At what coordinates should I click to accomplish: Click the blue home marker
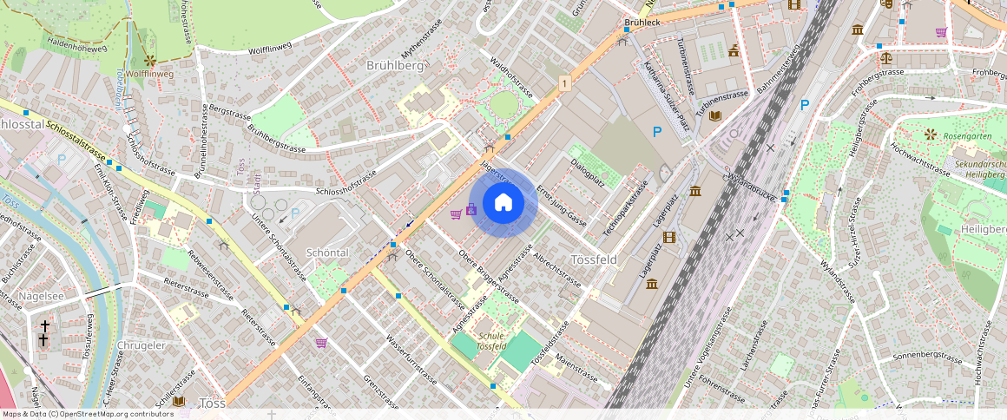503,203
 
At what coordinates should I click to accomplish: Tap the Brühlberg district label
395,66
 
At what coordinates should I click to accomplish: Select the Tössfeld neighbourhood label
594,259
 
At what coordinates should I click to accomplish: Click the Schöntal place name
327,252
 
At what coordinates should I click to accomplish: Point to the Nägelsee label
42,296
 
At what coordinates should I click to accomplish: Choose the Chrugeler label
140,345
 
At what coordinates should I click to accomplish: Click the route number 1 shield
565,83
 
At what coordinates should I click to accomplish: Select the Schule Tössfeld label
492,341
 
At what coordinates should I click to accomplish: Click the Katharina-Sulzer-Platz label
665,95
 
